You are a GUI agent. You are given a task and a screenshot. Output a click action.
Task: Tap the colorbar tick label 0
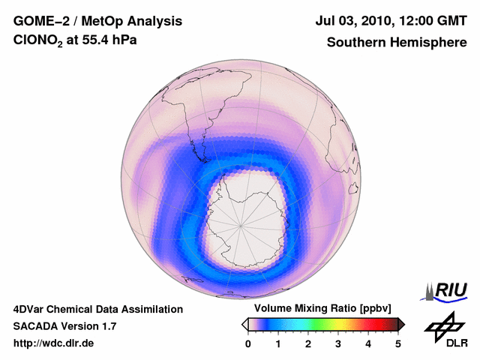click(248, 343)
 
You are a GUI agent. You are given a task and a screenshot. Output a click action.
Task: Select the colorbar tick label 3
click(338, 343)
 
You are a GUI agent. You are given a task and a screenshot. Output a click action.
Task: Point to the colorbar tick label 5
click(398, 343)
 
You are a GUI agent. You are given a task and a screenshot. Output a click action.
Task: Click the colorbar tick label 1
click(278, 343)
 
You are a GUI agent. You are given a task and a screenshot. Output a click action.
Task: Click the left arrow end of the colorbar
click(244, 324)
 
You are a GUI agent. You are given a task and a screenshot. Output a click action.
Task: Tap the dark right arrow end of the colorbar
click(401, 324)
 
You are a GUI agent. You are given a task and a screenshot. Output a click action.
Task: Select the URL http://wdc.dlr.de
click(54, 343)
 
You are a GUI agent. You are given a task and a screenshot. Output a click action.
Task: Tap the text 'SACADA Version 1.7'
click(64, 326)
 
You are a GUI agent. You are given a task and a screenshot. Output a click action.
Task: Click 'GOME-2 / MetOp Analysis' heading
click(97, 21)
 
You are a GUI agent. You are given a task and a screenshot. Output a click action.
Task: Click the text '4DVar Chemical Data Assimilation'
click(97, 309)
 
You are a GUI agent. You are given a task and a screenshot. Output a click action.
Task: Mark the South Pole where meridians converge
click(242, 223)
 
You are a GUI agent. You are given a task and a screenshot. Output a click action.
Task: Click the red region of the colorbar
click(369, 324)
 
